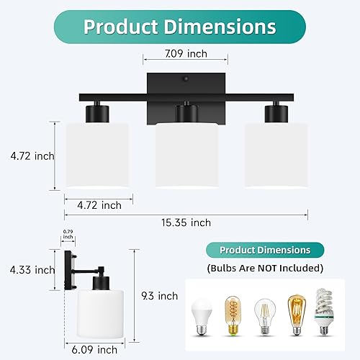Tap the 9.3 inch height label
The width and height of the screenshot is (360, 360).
159,295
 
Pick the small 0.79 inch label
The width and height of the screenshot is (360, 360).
68,233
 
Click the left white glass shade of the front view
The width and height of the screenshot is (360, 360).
97,156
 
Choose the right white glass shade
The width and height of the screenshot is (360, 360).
274,156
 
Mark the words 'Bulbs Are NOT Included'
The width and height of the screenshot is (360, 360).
265,268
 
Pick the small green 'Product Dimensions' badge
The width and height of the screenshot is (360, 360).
265,250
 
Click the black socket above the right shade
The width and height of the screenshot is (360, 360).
274,114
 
